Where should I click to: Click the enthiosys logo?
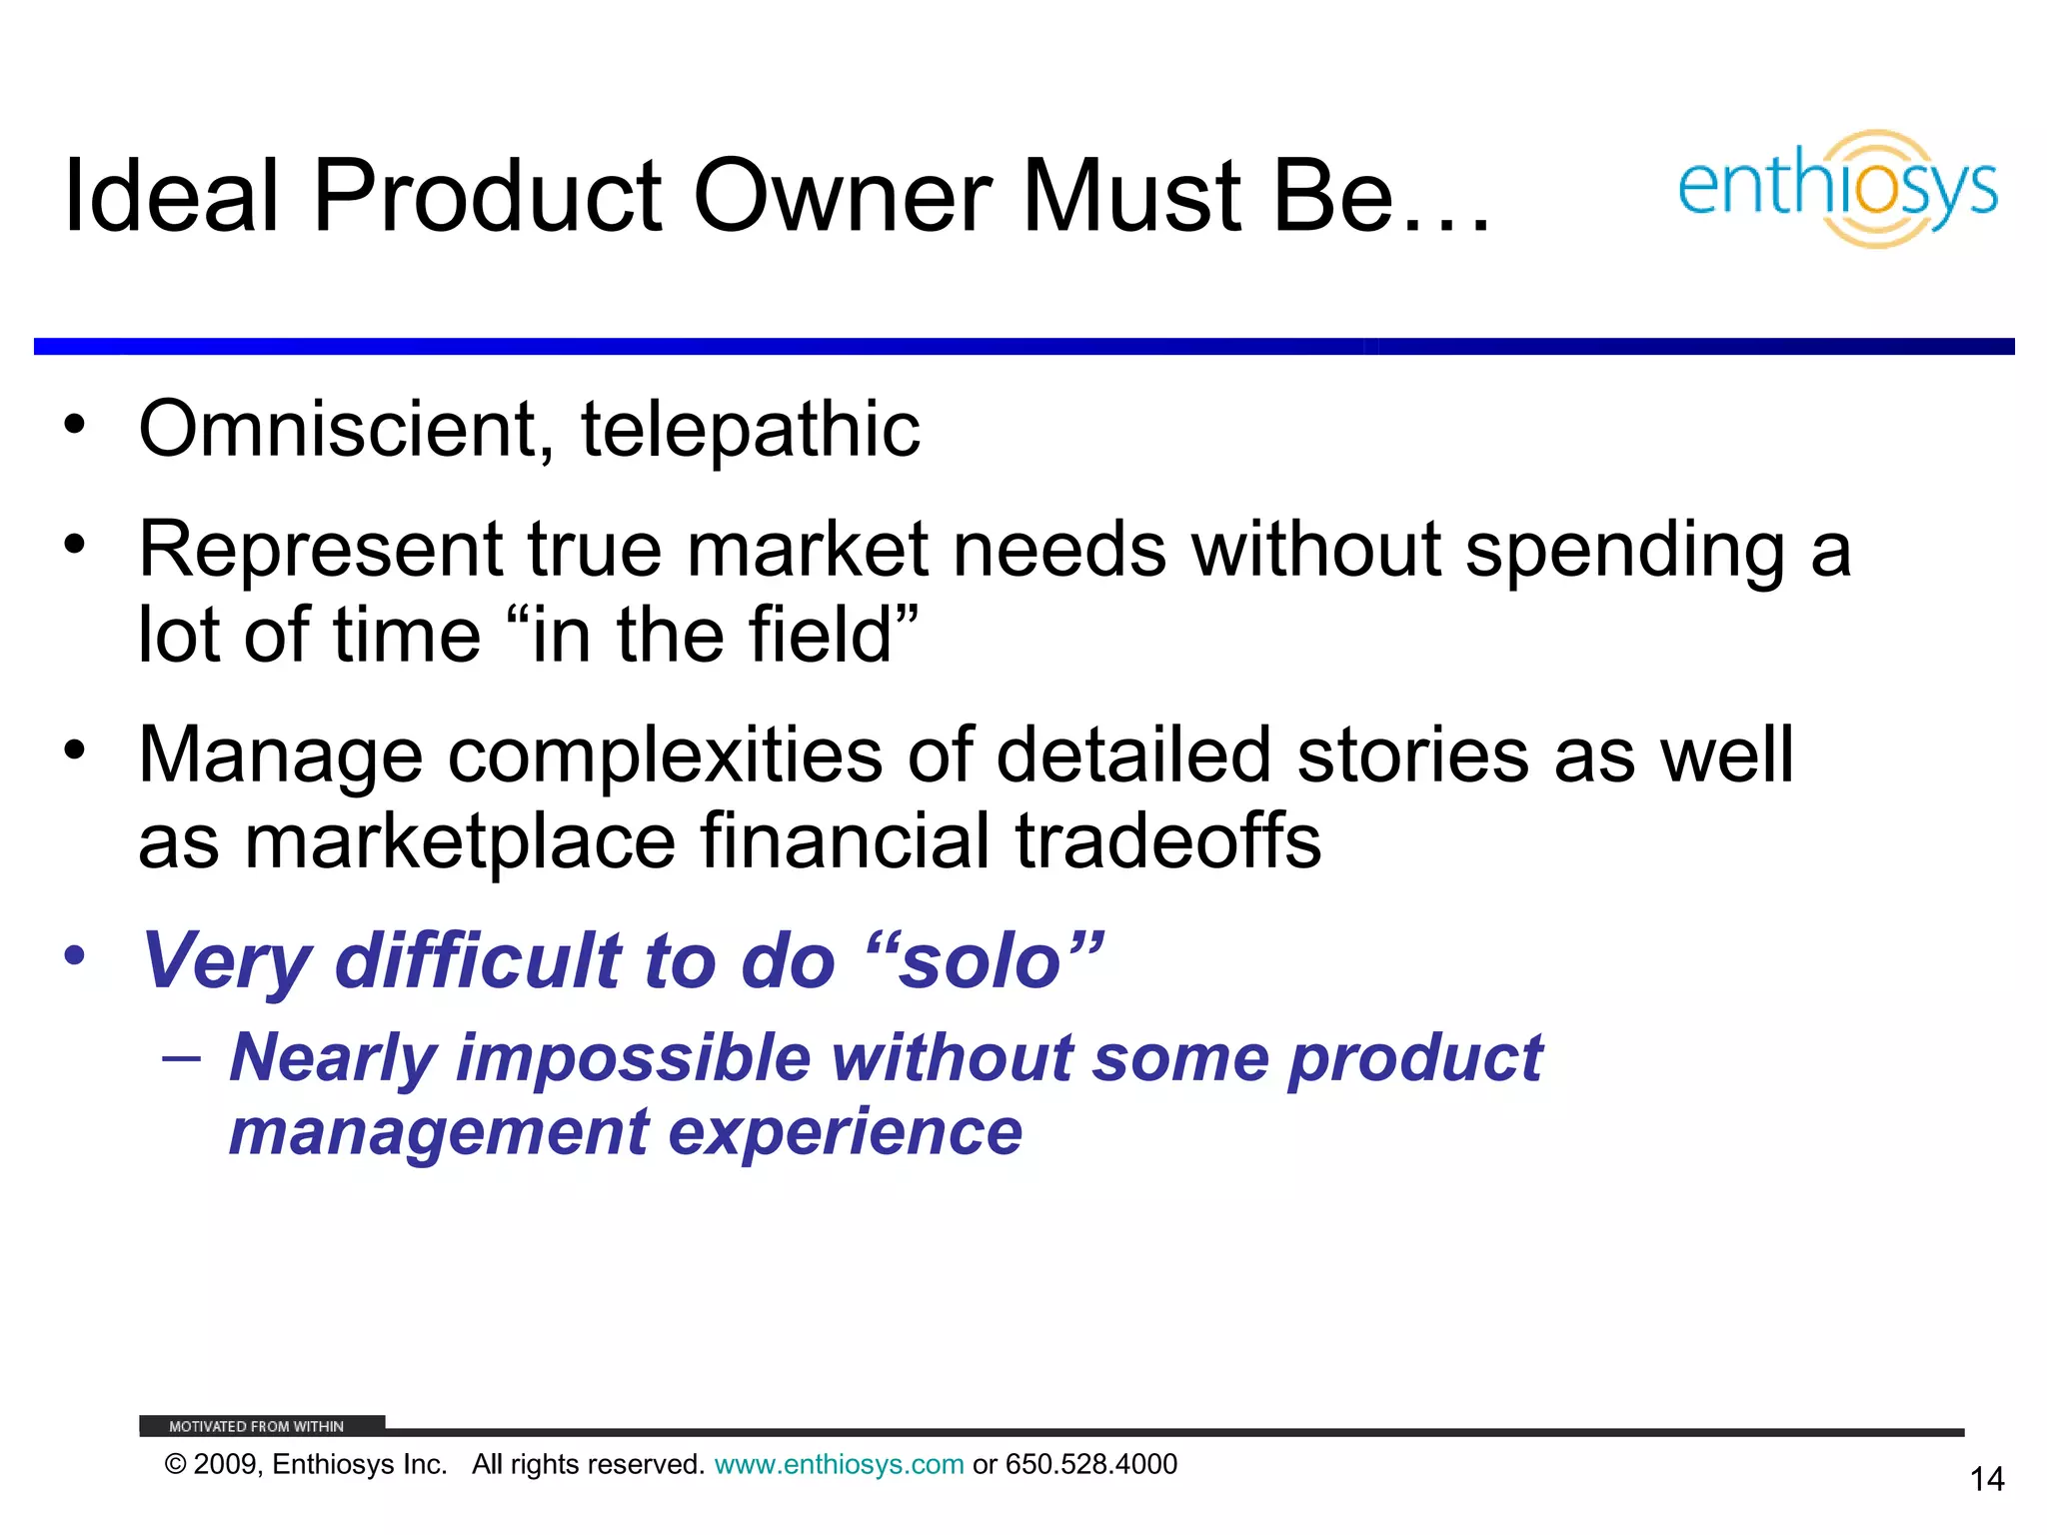point(1837,188)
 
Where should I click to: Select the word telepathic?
point(751,430)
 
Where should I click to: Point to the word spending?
point(1625,551)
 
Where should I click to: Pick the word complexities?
point(665,756)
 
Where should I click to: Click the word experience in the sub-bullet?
point(845,1132)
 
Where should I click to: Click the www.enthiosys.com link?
point(839,1464)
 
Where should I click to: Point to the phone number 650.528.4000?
point(1091,1464)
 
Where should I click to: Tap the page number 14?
point(1986,1479)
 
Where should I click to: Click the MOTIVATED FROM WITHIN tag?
point(257,1426)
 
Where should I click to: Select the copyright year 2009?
point(226,1464)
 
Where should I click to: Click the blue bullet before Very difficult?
point(75,955)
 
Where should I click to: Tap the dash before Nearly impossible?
point(181,1057)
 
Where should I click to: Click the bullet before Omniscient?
point(75,425)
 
